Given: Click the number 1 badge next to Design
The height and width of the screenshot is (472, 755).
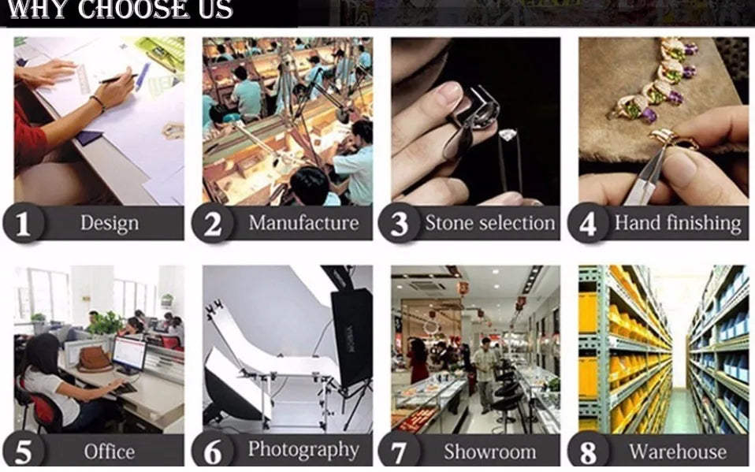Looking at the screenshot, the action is click(x=23, y=224).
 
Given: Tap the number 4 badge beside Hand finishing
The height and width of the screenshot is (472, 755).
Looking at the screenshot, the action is click(x=588, y=224).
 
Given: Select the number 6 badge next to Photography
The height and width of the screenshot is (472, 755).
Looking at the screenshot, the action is click(x=212, y=452).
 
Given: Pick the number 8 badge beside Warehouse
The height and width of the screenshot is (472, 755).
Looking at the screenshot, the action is click(x=588, y=452).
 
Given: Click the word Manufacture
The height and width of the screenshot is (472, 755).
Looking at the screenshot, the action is click(x=304, y=223).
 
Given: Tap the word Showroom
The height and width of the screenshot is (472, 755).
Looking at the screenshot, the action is click(x=489, y=452).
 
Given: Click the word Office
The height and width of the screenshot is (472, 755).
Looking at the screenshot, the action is click(x=110, y=452).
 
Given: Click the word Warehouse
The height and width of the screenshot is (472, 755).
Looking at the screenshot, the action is click(x=678, y=452).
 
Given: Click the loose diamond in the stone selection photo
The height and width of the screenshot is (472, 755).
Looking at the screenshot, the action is click(x=508, y=135).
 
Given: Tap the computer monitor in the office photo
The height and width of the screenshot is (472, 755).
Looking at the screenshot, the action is click(x=128, y=354).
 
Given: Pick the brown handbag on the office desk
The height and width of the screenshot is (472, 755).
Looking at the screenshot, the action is click(x=94, y=359).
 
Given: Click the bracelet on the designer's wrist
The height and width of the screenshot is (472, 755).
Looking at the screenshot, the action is click(x=98, y=103).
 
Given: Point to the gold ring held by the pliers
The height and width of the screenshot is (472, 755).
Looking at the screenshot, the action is click(x=671, y=139).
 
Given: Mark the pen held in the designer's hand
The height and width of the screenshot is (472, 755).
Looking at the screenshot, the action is click(x=118, y=79).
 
